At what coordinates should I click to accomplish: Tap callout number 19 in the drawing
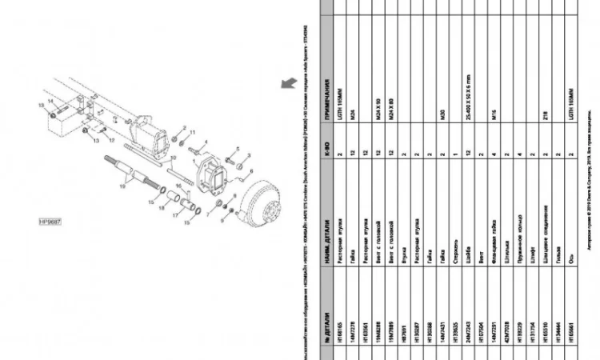122,186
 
